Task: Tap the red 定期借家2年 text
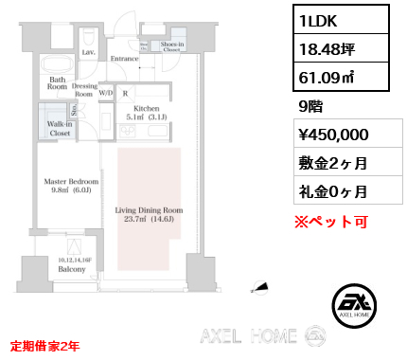point(44,346)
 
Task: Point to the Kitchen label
point(147,115)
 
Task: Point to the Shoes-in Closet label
point(171,48)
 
